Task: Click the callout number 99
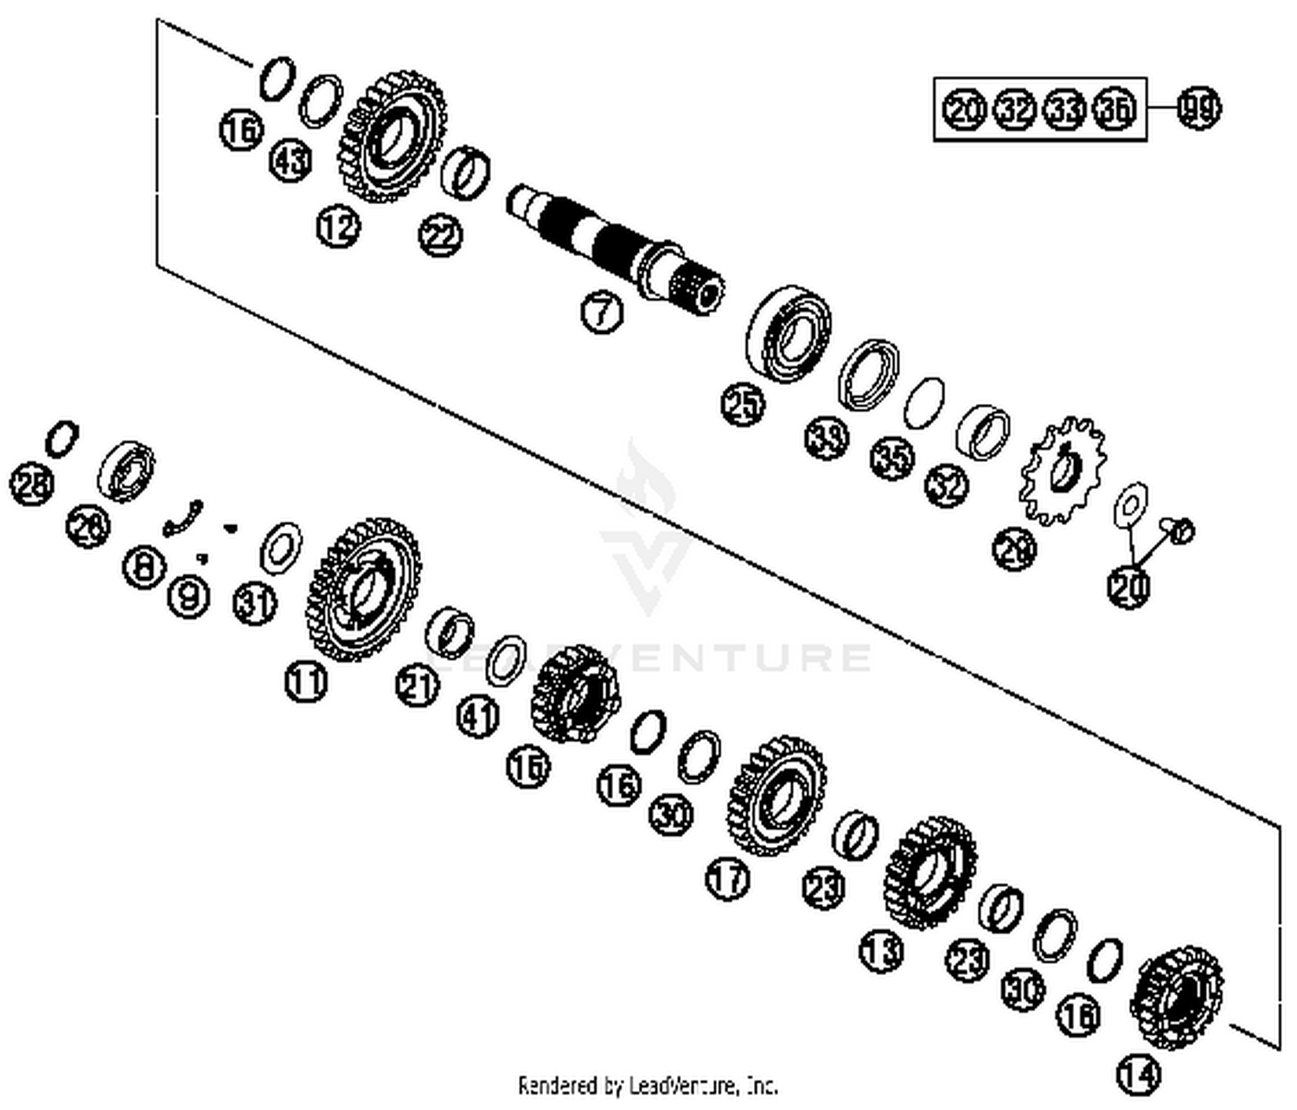click(x=1199, y=109)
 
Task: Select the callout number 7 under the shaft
click(x=601, y=311)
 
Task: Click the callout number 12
click(x=337, y=227)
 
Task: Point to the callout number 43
click(x=291, y=161)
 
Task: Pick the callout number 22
click(x=441, y=235)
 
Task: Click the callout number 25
click(x=744, y=405)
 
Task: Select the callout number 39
click(x=827, y=438)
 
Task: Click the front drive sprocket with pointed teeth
click(x=1063, y=472)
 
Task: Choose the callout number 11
click(x=306, y=682)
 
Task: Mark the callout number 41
click(x=478, y=716)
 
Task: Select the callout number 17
click(x=728, y=879)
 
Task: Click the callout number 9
click(x=188, y=595)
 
